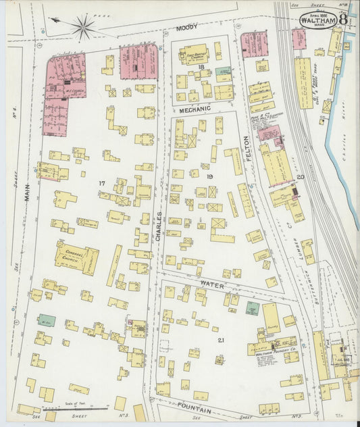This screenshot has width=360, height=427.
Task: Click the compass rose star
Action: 82,28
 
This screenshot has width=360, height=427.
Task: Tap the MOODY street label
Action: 186,28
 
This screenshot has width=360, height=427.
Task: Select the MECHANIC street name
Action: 195,108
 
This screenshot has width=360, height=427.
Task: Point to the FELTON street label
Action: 248,147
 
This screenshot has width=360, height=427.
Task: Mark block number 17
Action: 102,183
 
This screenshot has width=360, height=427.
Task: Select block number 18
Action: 201,68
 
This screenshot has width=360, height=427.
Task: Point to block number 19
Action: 210,176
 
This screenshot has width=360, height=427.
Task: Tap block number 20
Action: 301,177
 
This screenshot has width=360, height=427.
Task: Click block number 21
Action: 220,340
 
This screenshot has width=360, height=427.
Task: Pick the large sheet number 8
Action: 344,20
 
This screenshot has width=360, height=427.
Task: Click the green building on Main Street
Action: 46,320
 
